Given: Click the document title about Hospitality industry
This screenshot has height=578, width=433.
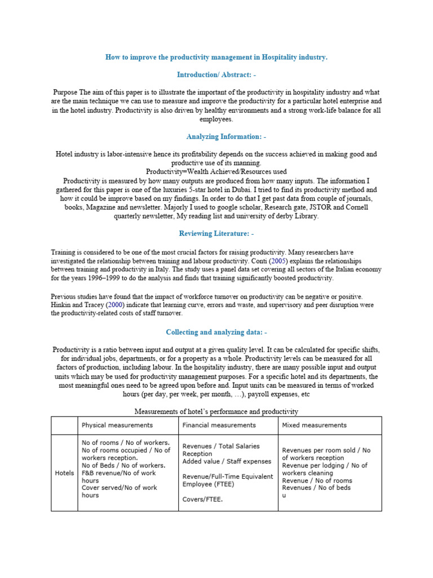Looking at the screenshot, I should (x=216, y=58).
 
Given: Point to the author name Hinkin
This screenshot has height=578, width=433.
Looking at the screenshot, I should (x=63, y=305).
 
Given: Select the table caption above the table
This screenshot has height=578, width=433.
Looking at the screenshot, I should (x=216, y=411).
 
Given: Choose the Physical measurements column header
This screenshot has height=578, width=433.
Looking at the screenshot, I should (x=117, y=425).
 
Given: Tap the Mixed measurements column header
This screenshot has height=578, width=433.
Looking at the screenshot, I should (x=314, y=425).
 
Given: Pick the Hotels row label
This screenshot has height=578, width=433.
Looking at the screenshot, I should (x=64, y=472).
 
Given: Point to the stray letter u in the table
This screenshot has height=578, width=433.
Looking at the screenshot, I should (x=284, y=495).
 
